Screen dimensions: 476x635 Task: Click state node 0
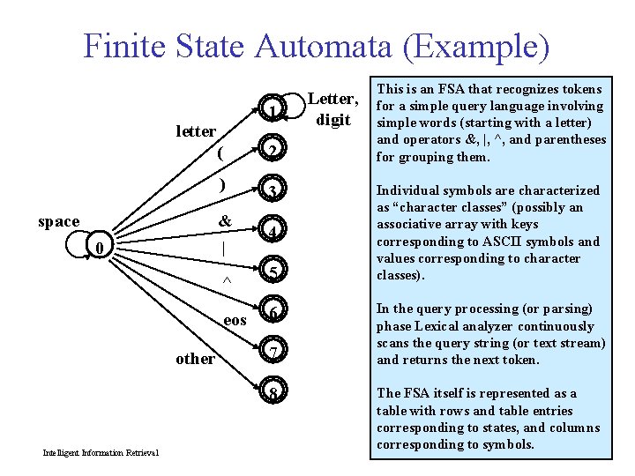pos(101,249)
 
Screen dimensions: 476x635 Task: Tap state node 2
pos(274,151)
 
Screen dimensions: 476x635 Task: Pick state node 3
pos(274,191)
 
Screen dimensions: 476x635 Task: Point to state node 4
pos(274,232)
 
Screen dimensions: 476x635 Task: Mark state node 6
pos(274,313)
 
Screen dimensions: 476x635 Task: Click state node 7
pos(274,353)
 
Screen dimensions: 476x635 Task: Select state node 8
pos(274,393)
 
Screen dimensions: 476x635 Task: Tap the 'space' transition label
pos(58,221)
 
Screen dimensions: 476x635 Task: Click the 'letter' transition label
pos(195,131)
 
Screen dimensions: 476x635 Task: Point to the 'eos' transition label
pos(235,320)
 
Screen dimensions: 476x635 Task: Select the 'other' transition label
pos(195,359)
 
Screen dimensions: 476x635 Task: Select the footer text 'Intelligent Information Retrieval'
pos(101,453)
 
